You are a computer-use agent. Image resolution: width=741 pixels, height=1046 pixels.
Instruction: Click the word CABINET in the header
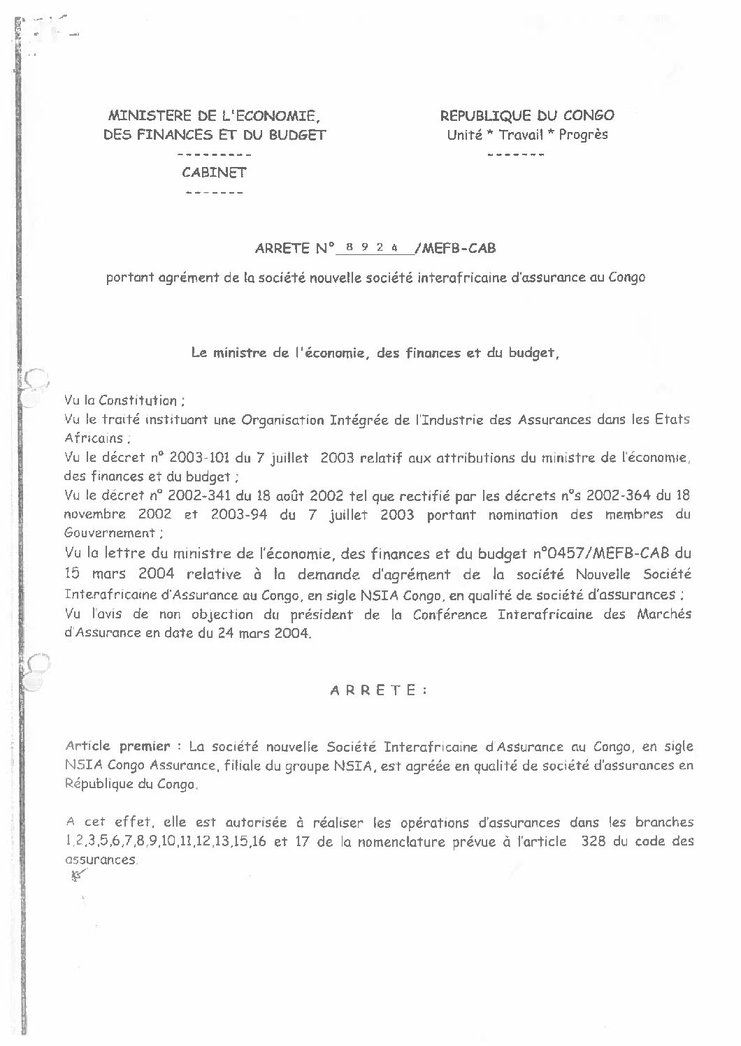214,173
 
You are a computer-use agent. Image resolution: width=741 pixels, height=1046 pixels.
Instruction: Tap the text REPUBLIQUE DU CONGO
527,116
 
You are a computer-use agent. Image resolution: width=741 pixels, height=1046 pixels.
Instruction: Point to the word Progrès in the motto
583,135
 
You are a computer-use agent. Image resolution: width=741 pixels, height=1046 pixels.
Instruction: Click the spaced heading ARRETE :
377,689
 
